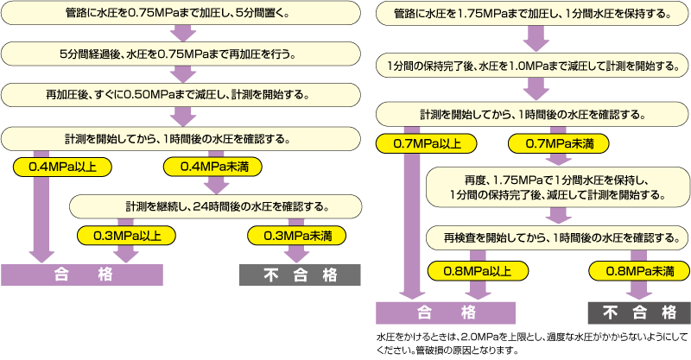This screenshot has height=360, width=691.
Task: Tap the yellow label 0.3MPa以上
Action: pos(126,235)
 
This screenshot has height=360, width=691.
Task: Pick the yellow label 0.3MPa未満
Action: pos(296,235)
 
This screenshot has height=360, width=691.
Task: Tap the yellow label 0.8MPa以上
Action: pos(470,270)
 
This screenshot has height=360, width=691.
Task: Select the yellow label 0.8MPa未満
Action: pos(639,270)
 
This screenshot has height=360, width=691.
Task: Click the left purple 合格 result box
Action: pos(82,275)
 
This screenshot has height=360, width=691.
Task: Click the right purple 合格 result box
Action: pos(446,312)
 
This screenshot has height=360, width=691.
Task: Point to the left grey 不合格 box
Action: pos(300,275)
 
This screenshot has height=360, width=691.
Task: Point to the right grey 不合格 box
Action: pos(638,312)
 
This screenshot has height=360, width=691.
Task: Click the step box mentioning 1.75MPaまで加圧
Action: pos(532,14)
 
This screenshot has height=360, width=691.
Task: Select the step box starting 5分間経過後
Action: pos(180,54)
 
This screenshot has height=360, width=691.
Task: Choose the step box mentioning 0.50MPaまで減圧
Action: pos(180,95)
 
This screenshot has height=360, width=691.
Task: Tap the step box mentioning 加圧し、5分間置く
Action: pos(180,14)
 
